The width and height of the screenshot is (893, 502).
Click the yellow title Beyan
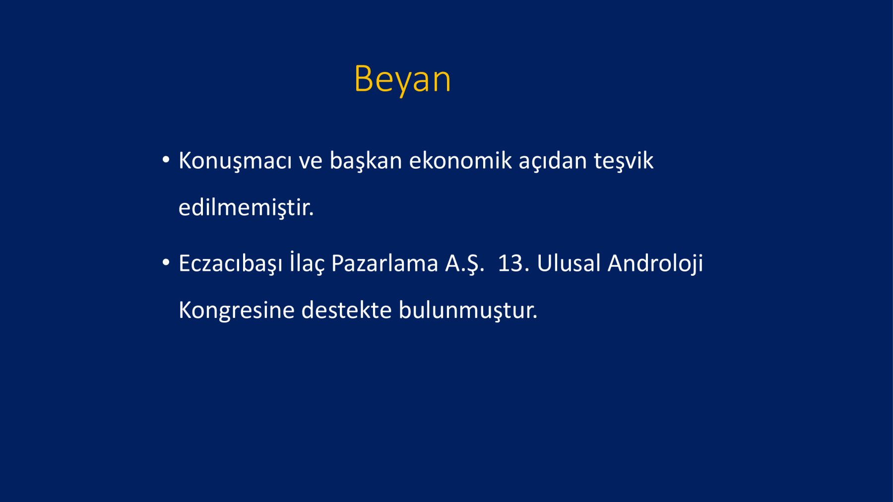(402, 79)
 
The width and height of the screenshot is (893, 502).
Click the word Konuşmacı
(235, 161)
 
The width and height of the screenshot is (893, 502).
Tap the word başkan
(366, 161)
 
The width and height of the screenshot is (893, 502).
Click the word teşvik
(624, 161)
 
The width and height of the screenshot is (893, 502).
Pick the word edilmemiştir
(246, 208)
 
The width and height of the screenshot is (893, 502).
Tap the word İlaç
(308, 263)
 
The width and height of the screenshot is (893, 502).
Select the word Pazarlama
(384, 263)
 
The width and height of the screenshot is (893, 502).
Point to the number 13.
(513, 263)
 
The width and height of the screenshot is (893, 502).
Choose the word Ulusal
(569, 263)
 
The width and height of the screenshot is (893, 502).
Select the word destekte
(347, 310)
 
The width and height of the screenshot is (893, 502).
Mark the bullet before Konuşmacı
(166, 160)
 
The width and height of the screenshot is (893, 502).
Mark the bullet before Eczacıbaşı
(166, 262)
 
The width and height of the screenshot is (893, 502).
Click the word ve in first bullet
(311, 162)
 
